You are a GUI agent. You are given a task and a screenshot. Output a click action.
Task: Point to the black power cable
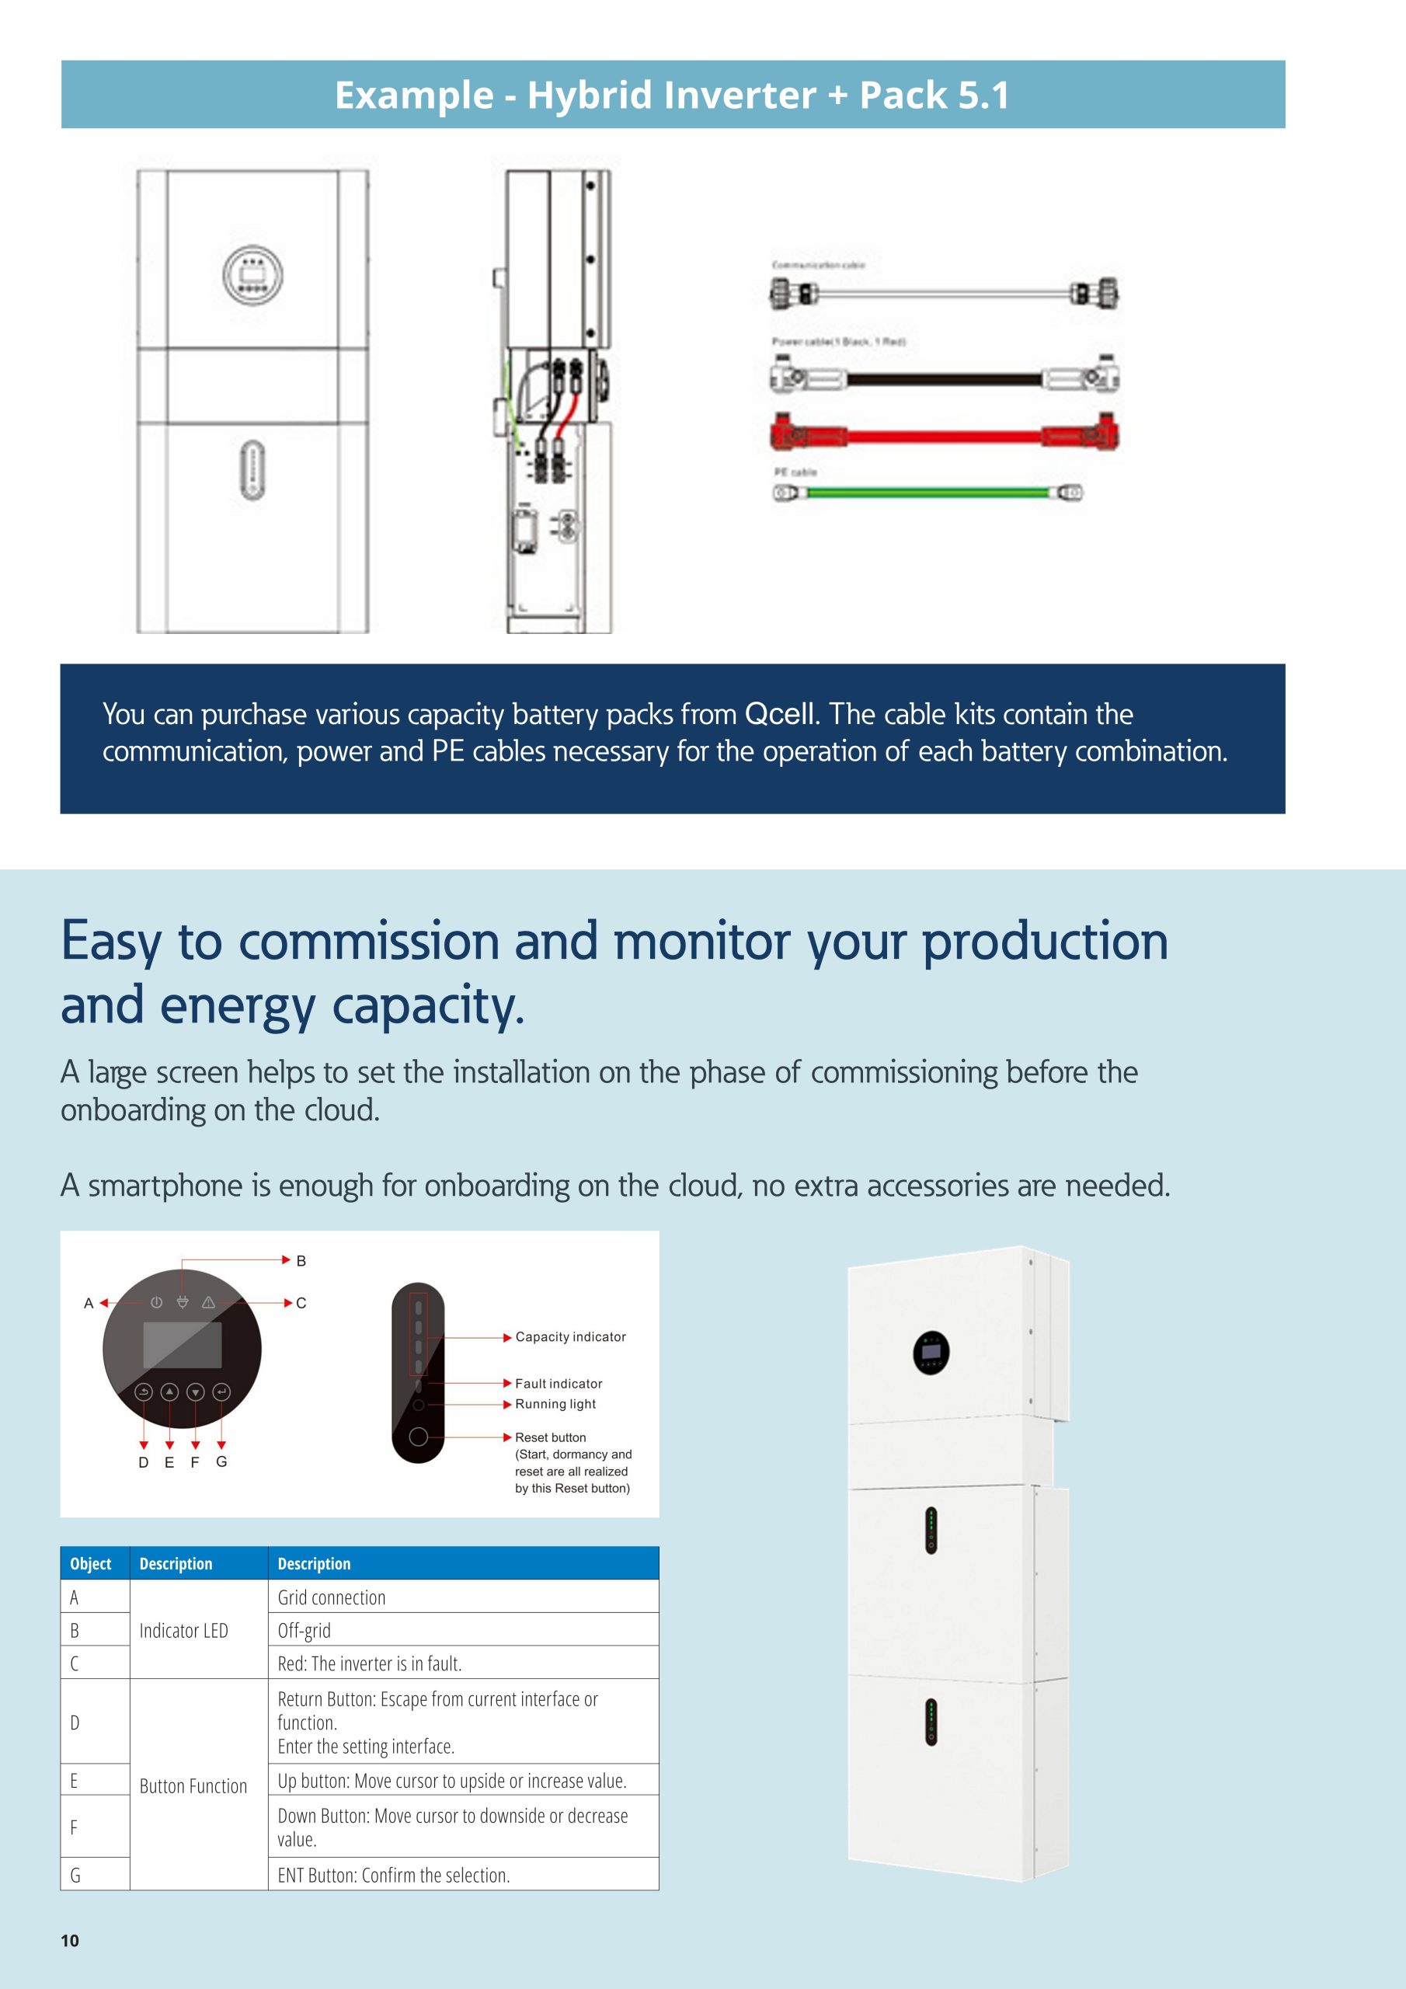(x=945, y=378)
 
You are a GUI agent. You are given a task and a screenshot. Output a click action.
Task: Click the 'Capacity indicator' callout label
(x=570, y=1336)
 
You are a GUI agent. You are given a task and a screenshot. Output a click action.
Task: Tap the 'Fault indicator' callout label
(x=559, y=1384)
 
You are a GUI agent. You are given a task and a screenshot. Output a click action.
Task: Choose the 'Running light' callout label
(x=555, y=1403)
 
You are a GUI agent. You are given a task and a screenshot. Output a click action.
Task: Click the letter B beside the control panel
(x=301, y=1260)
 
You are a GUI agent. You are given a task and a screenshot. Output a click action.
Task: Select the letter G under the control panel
(x=221, y=1461)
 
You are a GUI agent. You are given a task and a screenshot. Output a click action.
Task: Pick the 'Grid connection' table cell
(x=332, y=1597)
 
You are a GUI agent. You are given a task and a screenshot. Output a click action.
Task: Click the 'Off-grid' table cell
(x=304, y=1630)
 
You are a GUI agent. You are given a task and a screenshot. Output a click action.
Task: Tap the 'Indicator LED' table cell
(x=183, y=1630)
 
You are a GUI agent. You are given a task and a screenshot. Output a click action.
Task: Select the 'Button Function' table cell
(x=193, y=1785)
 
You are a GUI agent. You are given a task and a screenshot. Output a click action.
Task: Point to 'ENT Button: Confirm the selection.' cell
(x=393, y=1875)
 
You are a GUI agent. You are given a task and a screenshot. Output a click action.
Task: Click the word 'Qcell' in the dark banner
(x=781, y=714)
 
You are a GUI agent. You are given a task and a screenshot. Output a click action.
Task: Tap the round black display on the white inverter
(x=931, y=1352)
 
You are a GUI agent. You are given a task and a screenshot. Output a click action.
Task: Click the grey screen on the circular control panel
(x=182, y=1346)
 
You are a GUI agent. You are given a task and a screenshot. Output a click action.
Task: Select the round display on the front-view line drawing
(x=253, y=274)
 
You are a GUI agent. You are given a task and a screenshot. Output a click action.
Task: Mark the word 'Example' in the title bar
(x=414, y=96)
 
